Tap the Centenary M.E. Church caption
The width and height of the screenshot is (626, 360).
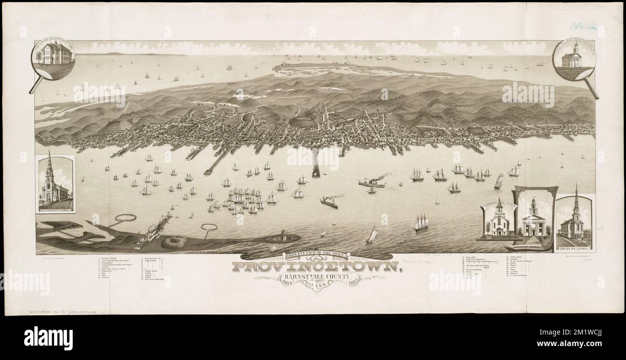(55, 207)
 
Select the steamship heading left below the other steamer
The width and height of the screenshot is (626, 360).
(329, 202)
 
